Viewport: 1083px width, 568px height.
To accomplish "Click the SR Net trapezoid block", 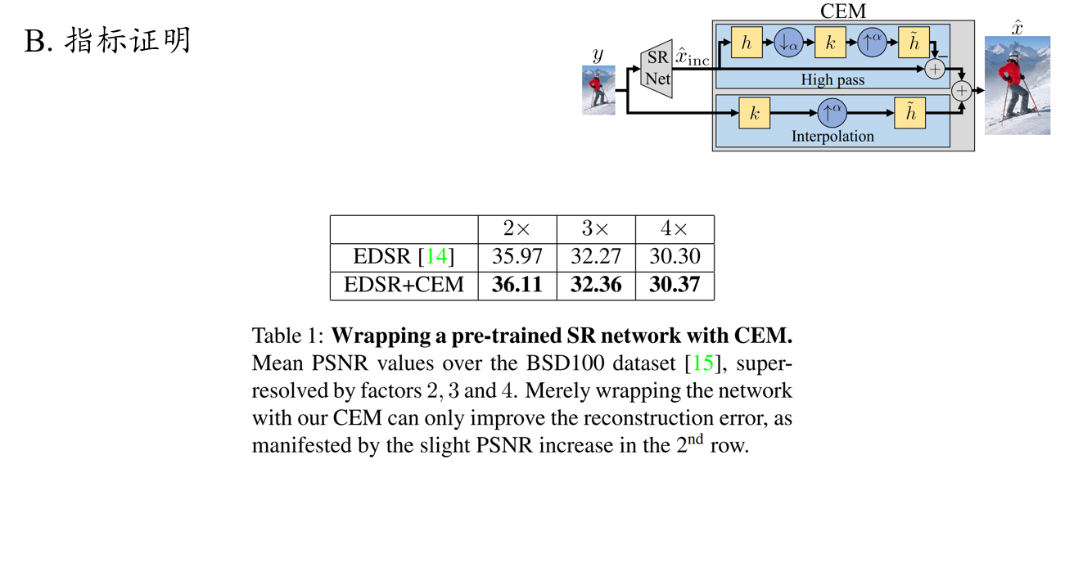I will (657, 69).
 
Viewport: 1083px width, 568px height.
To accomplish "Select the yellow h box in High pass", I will (746, 43).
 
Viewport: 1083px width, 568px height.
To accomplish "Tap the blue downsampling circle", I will (789, 43).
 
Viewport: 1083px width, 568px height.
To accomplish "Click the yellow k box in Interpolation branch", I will (755, 114).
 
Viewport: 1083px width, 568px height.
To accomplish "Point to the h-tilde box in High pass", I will (913, 43).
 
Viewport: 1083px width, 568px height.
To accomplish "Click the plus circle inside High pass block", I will (935, 70).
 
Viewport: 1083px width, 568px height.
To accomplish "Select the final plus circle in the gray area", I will (962, 91).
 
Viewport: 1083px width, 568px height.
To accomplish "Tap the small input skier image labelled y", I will (598, 90).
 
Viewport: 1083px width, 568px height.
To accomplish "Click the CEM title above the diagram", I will (842, 11).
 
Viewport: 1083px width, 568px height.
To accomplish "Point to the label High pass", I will (833, 80).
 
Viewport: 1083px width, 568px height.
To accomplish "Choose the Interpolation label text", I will (833, 137).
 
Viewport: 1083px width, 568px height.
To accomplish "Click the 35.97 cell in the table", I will (517, 256).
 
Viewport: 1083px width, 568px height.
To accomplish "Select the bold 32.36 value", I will (596, 285).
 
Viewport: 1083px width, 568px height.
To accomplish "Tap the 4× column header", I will (675, 229).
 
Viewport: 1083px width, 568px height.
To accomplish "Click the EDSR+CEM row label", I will (404, 285).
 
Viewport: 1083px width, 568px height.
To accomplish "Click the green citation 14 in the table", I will (436, 256).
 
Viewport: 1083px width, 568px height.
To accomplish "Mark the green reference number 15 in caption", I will (703, 363).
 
